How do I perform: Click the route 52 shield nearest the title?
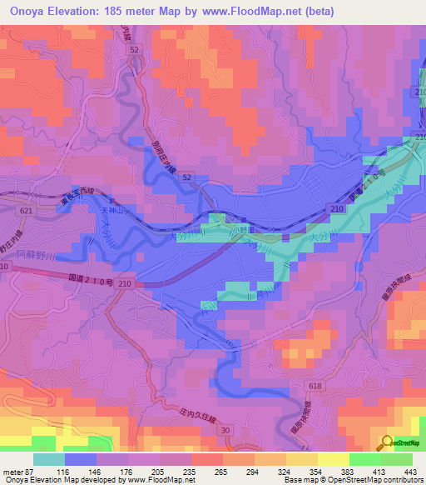134,51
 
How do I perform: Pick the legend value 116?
64,471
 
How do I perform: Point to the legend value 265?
221,471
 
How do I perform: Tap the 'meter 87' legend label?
17,471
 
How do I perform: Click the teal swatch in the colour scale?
49,459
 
